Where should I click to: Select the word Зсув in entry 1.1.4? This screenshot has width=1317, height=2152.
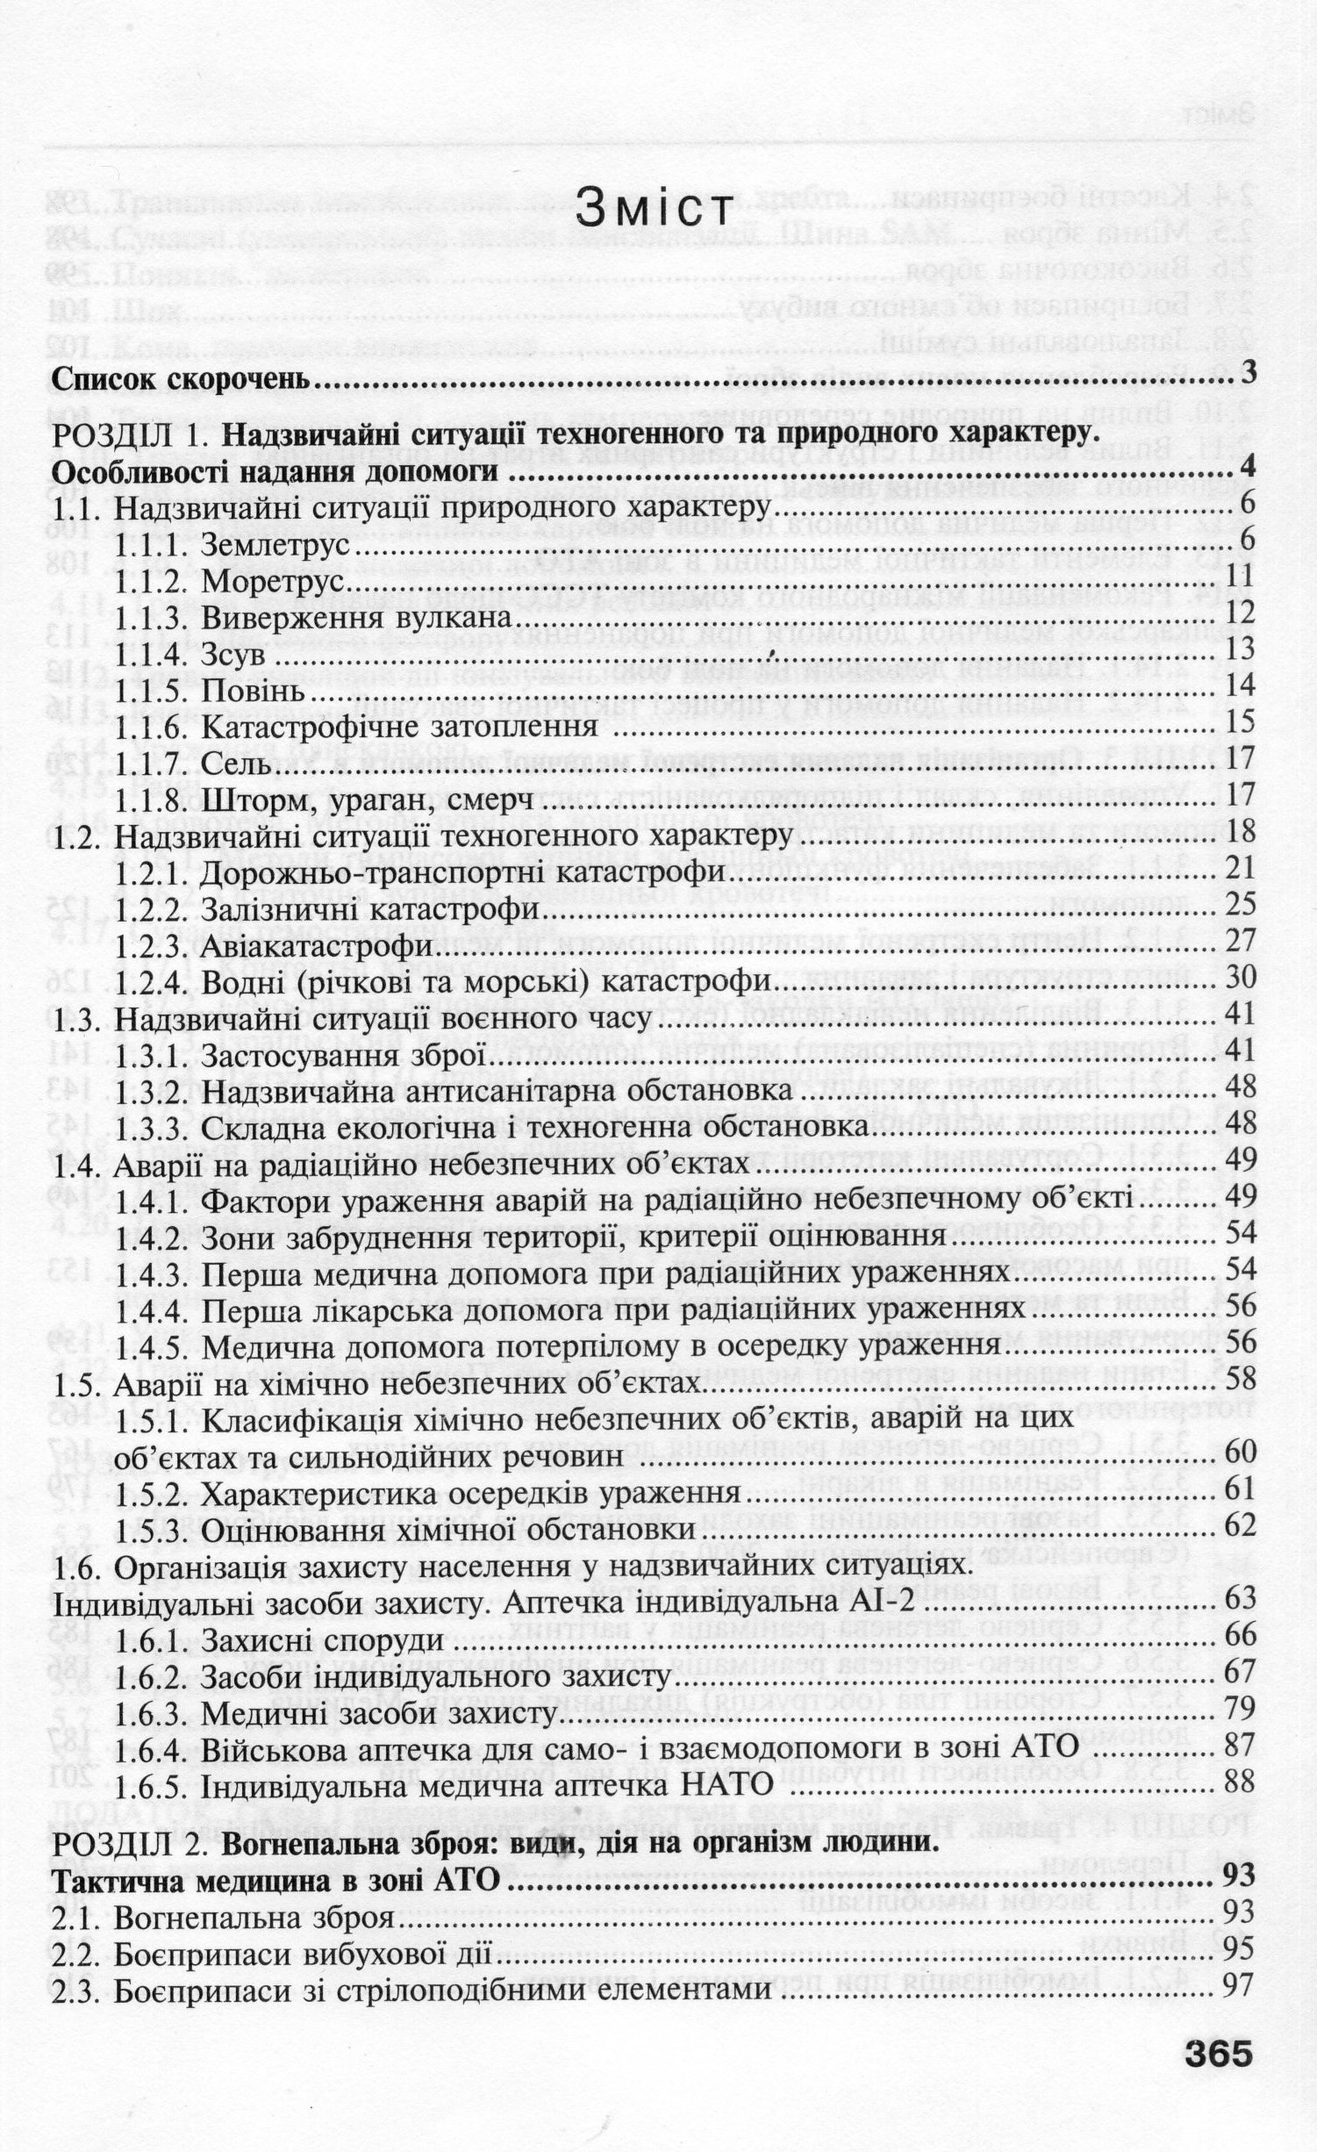click(233, 655)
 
